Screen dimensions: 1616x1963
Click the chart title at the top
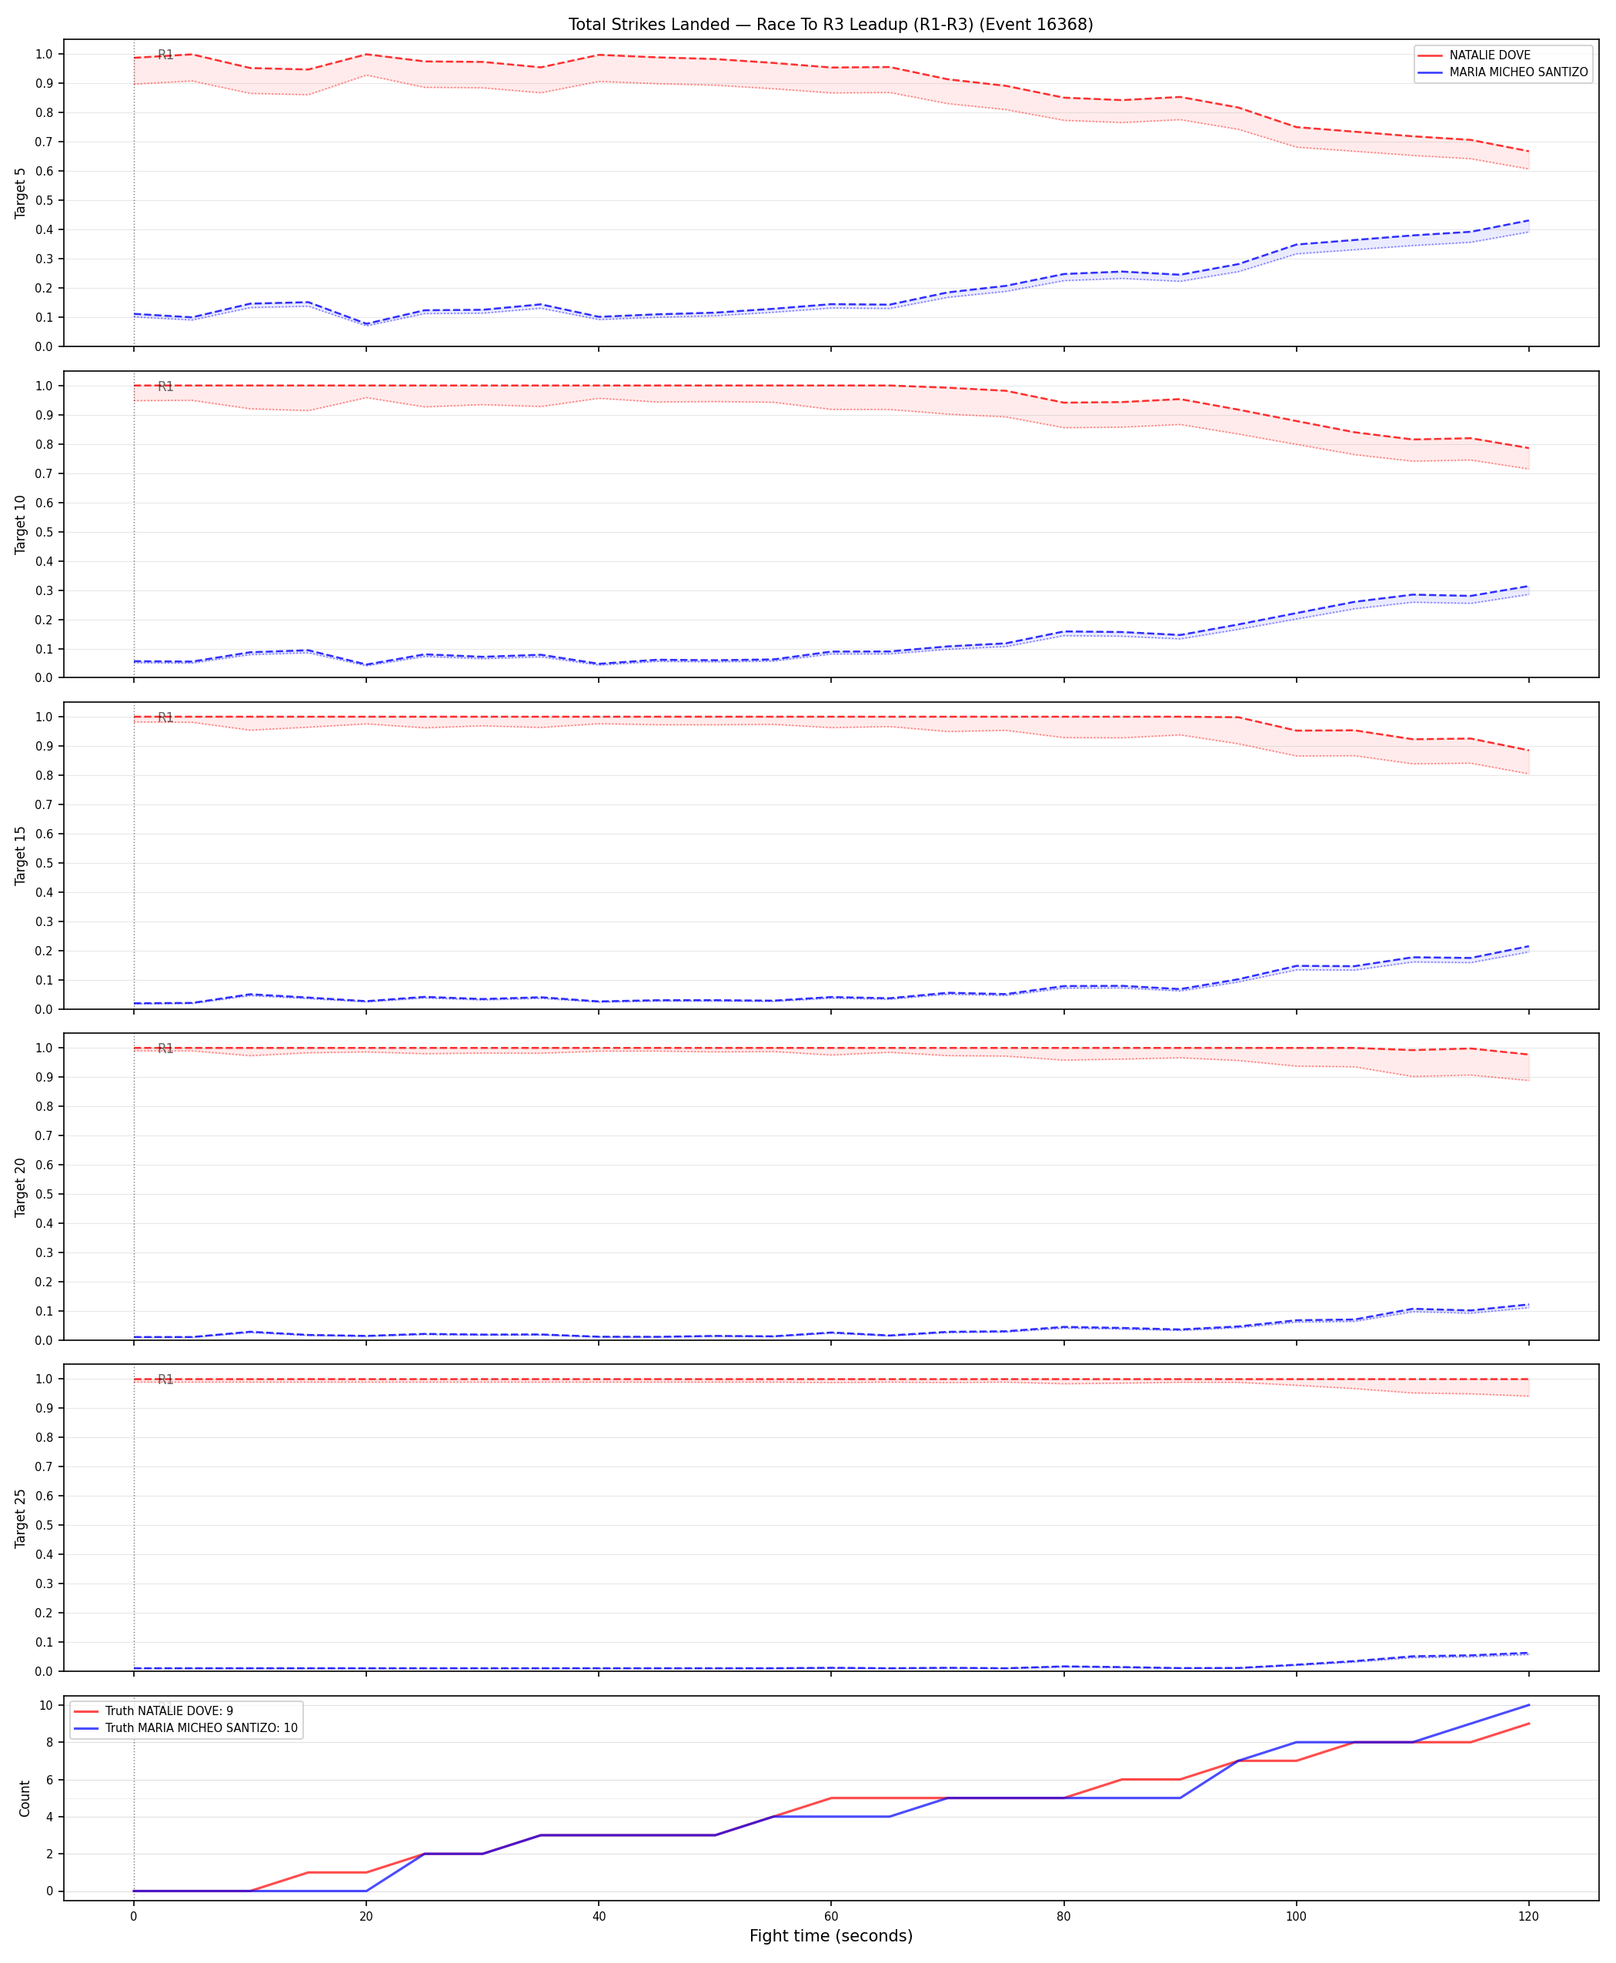click(x=830, y=24)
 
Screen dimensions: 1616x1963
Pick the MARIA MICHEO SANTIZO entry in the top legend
click(x=1518, y=72)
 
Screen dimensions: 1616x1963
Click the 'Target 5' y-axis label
click(x=22, y=192)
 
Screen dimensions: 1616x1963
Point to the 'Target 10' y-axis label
click(x=22, y=524)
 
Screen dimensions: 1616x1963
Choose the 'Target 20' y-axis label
click(x=22, y=1186)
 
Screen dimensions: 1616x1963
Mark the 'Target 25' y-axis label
click(x=22, y=1518)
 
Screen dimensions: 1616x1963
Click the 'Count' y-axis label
click(x=24, y=1798)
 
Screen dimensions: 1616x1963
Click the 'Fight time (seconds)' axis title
click(x=830, y=1936)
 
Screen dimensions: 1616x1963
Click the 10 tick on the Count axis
click(x=44, y=1705)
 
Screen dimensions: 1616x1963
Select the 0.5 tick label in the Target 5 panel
click(x=44, y=200)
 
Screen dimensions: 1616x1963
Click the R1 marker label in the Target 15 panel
click(x=165, y=717)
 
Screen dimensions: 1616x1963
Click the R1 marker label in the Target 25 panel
click(x=165, y=1379)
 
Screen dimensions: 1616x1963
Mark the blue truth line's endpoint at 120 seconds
click(x=1528, y=1705)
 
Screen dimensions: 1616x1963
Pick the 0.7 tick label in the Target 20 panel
click(x=44, y=1135)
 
